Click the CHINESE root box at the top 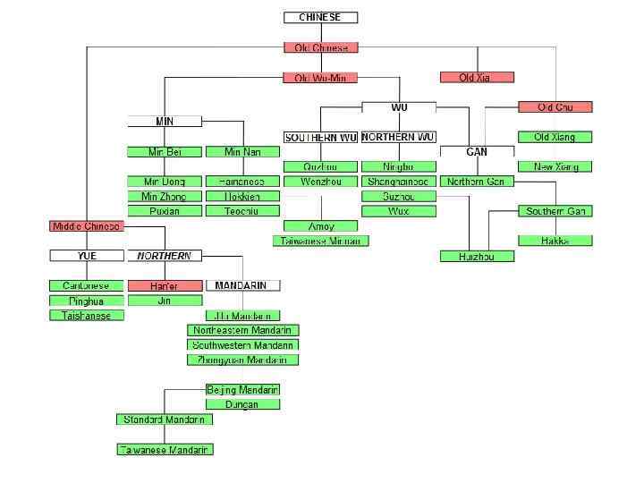[x=320, y=17]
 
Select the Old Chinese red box [x=320, y=47]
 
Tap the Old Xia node [x=477, y=78]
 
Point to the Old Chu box [x=555, y=107]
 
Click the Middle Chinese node [x=86, y=226]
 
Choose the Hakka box [x=555, y=241]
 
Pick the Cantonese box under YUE [x=86, y=286]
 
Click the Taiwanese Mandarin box [x=165, y=450]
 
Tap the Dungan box [x=242, y=404]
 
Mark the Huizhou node [x=477, y=257]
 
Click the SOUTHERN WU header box [x=320, y=138]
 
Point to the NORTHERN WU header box [x=399, y=138]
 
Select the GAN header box [x=477, y=152]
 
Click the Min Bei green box [x=164, y=152]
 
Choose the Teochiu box [x=242, y=211]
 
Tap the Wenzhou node [x=320, y=182]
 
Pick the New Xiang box [x=555, y=166]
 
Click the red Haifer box [x=165, y=286]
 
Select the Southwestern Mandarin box [x=242, y=344]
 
